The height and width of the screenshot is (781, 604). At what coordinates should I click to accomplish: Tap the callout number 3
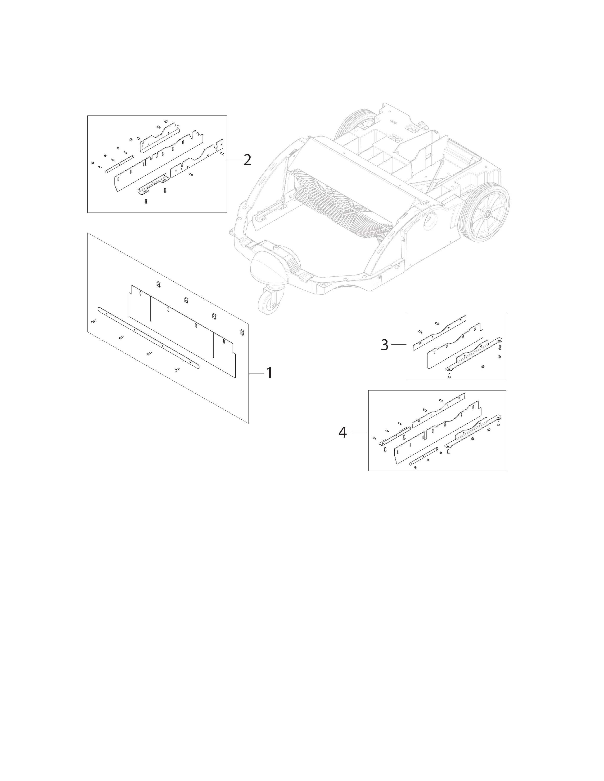384,345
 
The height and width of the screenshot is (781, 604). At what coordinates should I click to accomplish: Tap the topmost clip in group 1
158,284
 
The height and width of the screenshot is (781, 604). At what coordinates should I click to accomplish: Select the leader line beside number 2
234,159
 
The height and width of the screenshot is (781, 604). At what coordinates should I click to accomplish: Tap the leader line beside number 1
256,373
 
